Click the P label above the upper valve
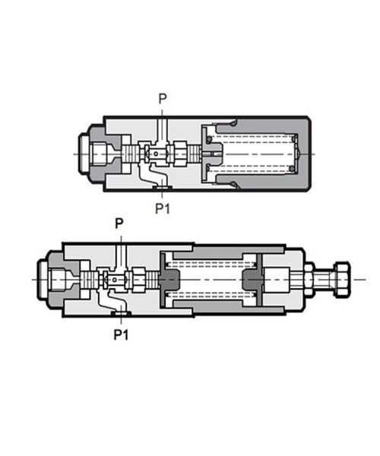pyautogui.click(x=163, y=99)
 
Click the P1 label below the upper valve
pyautogui.click(x=162, y=208)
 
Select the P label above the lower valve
pyautogui.click(x=119, y=223)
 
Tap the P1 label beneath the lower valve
pyautogui.click(x=121, y=334)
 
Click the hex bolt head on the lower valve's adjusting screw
pyautogui.click(x=342, y=280)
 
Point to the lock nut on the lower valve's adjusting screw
pyautogui.click(x=309, y=280)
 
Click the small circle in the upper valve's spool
pyautogui.click(x=156, y=154)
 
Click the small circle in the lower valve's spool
pyautogui.click(x=115, y=280)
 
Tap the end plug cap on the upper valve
pyautogui.click(x=85, y=154)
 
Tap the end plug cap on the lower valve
pyautogui.click(x=43, y=280)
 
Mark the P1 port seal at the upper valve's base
pyautogui.click(x=162, y=188)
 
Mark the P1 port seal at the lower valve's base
pyautogui.click(x=121, y=313)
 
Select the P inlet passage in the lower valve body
pyautogui.click(x=121, y=257)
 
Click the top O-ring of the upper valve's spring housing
pyautogui.click(x=233, y=124)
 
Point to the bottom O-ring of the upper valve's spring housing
pyautogui.click(x=233, y=183)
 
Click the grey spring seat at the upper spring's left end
pyautogui.click(x=212, y=154)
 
